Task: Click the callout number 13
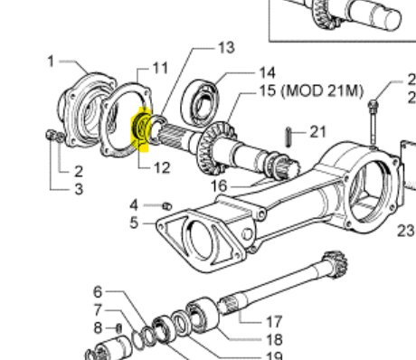[226, 48]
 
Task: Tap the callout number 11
[160, 68]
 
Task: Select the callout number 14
[267, 72]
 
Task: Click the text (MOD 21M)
[322, 90]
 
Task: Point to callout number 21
[318, 132]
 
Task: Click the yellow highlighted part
[141, 129]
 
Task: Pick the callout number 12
[162, 167]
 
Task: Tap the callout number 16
[219, 185]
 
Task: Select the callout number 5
[134, 223]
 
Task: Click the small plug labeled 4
[167, 206]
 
